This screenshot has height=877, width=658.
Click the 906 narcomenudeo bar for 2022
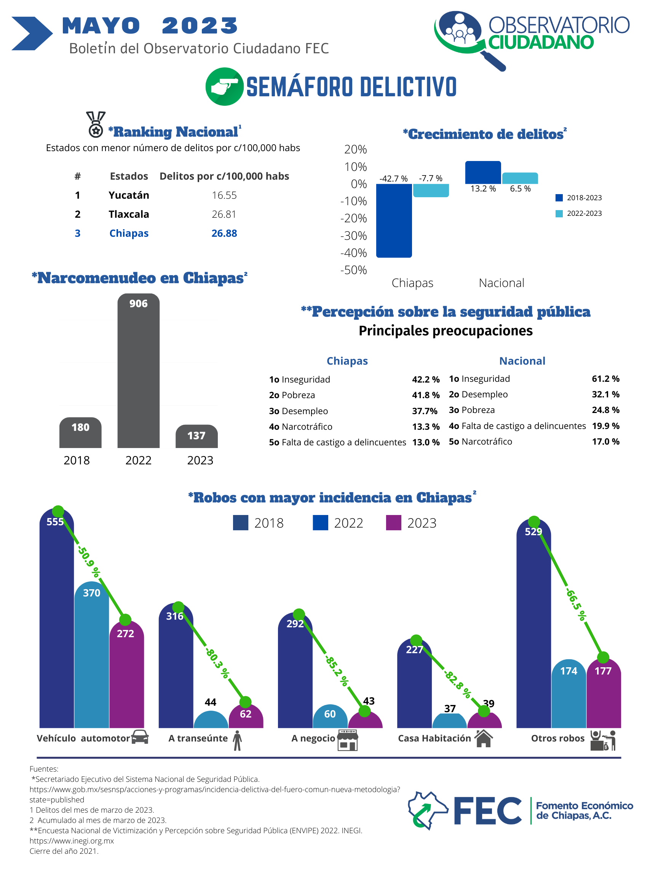(x=139, y=370)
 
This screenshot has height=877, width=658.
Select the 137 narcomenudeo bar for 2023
(x=197, y=436)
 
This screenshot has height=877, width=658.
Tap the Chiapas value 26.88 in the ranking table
(x=224, y=233)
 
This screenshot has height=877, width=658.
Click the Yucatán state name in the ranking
(x=129, y=195)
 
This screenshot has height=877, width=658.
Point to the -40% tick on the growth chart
(x=353, y=252)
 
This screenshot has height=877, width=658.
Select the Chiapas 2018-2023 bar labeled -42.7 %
(x=394, y=221)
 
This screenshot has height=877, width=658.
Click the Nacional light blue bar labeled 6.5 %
(x=520, y=178)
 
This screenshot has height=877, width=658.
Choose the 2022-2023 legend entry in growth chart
(x=579, y=213)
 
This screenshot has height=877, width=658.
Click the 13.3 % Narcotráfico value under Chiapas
(x=426, y=427)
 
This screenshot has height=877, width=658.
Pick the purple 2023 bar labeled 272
(x=126, y=674)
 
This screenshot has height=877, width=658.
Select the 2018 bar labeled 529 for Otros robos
(x=533, y=623)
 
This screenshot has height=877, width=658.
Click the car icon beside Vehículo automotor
(x=140, y=737)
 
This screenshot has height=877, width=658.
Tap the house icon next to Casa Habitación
(x=484, y=738)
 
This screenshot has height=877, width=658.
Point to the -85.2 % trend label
(x=337, y=671)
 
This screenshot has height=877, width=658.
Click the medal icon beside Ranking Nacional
(x=96, y=124)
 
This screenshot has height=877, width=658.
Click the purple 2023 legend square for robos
(x=393, y=523)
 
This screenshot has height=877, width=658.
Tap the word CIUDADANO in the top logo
(x=541, y=42)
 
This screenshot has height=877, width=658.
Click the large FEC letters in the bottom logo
(x=487, y=811)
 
